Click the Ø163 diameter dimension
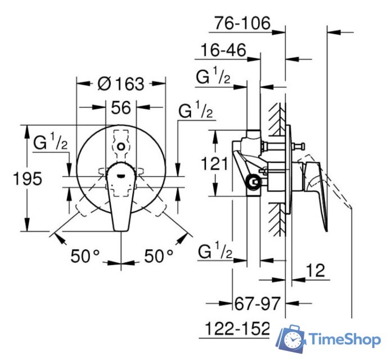point(120,84)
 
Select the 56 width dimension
point(121,107)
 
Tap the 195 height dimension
point(28,179)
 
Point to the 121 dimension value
point(215,164)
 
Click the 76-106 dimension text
point(242,24)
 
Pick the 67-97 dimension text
point(256,304)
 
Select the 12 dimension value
point(317,271)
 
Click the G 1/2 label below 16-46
point(213,78)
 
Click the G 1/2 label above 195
point(50,142)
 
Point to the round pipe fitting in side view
point(254,182)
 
